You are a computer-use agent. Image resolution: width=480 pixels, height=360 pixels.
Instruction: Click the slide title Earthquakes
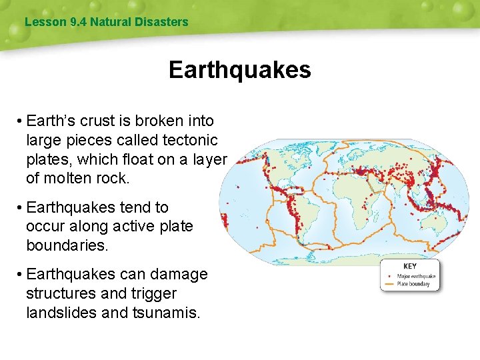click(239, 69)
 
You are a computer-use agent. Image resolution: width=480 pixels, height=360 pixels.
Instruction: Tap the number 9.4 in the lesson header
click(77, 22)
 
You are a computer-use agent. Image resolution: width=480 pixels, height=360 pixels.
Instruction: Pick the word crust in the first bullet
click(99, 121)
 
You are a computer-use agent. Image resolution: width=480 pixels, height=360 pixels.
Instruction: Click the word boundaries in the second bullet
click(66, 245)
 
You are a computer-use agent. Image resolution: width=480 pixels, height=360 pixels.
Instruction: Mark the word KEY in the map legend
click(410, 266)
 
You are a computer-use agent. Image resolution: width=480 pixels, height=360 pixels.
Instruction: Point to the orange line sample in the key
click(389, 284)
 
